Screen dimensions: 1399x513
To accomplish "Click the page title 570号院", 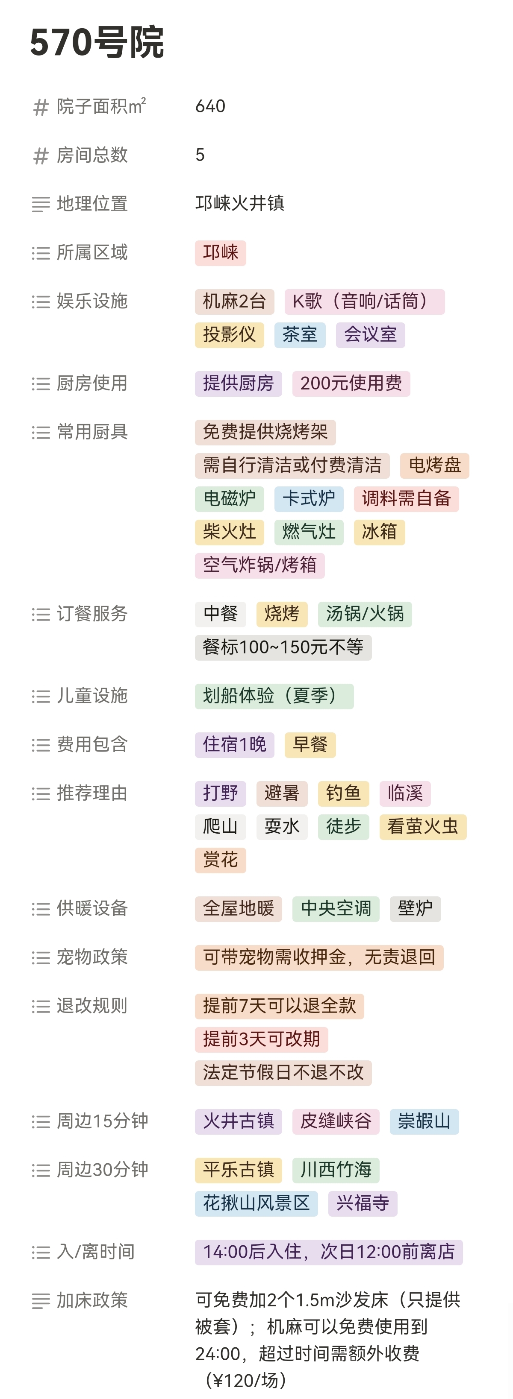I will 97,42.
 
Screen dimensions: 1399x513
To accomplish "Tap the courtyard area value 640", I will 210,106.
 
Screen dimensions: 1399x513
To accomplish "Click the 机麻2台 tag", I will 234,301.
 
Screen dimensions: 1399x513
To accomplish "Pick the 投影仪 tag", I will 229,334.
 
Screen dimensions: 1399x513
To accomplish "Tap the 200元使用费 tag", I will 351,383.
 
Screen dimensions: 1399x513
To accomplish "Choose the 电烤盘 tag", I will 434,465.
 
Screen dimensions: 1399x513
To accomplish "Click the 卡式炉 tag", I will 309,498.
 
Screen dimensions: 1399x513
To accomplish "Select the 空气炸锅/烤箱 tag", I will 260,565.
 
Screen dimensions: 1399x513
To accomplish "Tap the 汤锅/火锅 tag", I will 365,614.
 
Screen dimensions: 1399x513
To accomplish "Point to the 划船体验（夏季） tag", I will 274,696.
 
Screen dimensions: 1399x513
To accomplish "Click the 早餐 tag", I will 310,745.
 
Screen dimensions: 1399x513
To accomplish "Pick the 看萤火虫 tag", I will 423,827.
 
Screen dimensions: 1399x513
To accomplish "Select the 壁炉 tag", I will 415,909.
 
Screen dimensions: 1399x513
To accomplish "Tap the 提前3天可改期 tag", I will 261,1039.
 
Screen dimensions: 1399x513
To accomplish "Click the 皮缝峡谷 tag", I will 336,1121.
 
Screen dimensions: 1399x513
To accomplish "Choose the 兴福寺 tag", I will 363,1203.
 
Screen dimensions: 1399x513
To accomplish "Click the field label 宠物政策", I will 92,957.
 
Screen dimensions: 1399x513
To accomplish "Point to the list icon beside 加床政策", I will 41,1301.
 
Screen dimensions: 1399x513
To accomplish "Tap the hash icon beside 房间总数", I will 41,156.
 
